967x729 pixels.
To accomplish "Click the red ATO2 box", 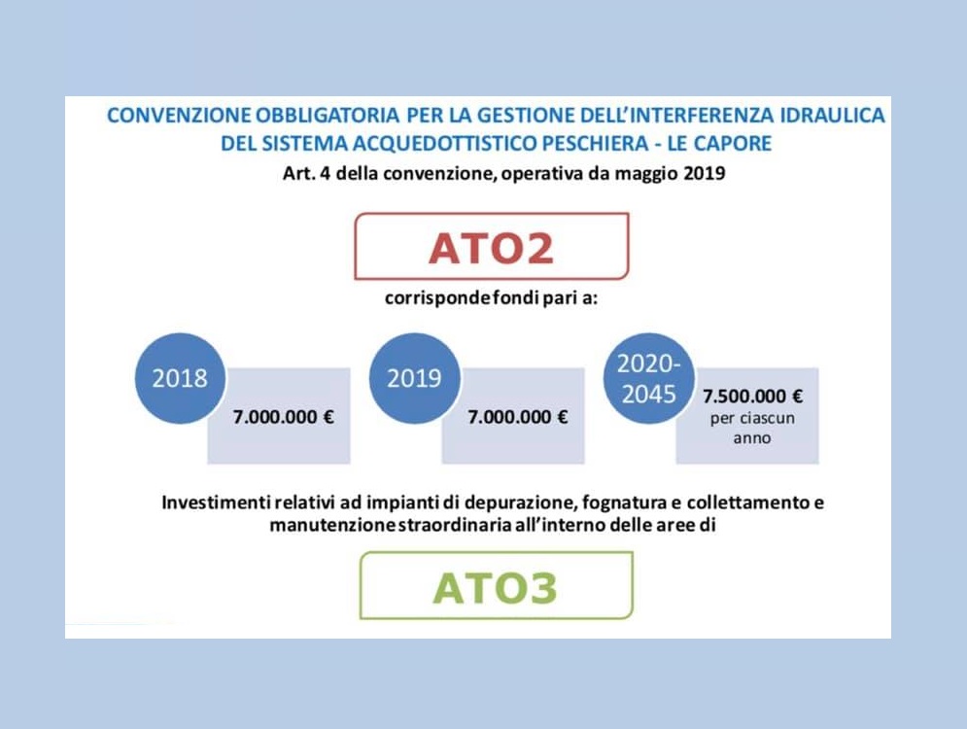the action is point(492,246).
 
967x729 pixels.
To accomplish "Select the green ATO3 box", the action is point(497,585).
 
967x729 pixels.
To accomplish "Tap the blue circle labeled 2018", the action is point(180,378).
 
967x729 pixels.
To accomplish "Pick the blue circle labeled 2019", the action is point(414,378).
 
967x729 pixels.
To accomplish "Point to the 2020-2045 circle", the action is point(649,378).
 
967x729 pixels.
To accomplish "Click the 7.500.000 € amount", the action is point(753,396).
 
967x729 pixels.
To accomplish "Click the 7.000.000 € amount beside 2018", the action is point(284,417).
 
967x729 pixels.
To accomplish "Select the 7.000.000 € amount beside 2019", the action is point(518,417).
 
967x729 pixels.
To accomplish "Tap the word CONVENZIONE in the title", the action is point(180,116).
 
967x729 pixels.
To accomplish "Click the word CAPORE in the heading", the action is point(733,144).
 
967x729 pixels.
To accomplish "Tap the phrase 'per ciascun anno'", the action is point(752,428).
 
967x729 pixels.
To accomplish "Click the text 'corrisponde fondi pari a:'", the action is point(492,298).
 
